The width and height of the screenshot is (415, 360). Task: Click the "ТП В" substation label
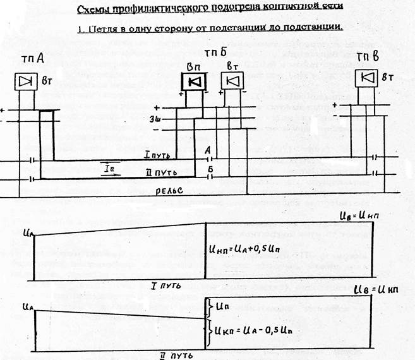368,58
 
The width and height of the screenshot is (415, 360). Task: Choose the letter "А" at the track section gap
209,150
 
